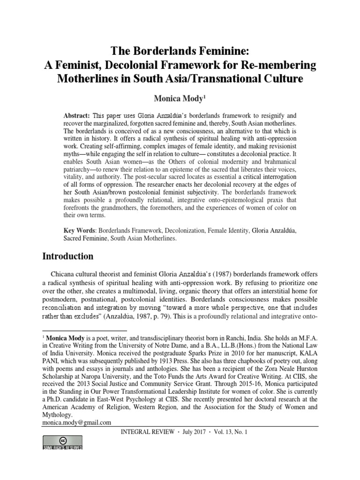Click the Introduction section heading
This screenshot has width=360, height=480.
coord(68,256)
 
